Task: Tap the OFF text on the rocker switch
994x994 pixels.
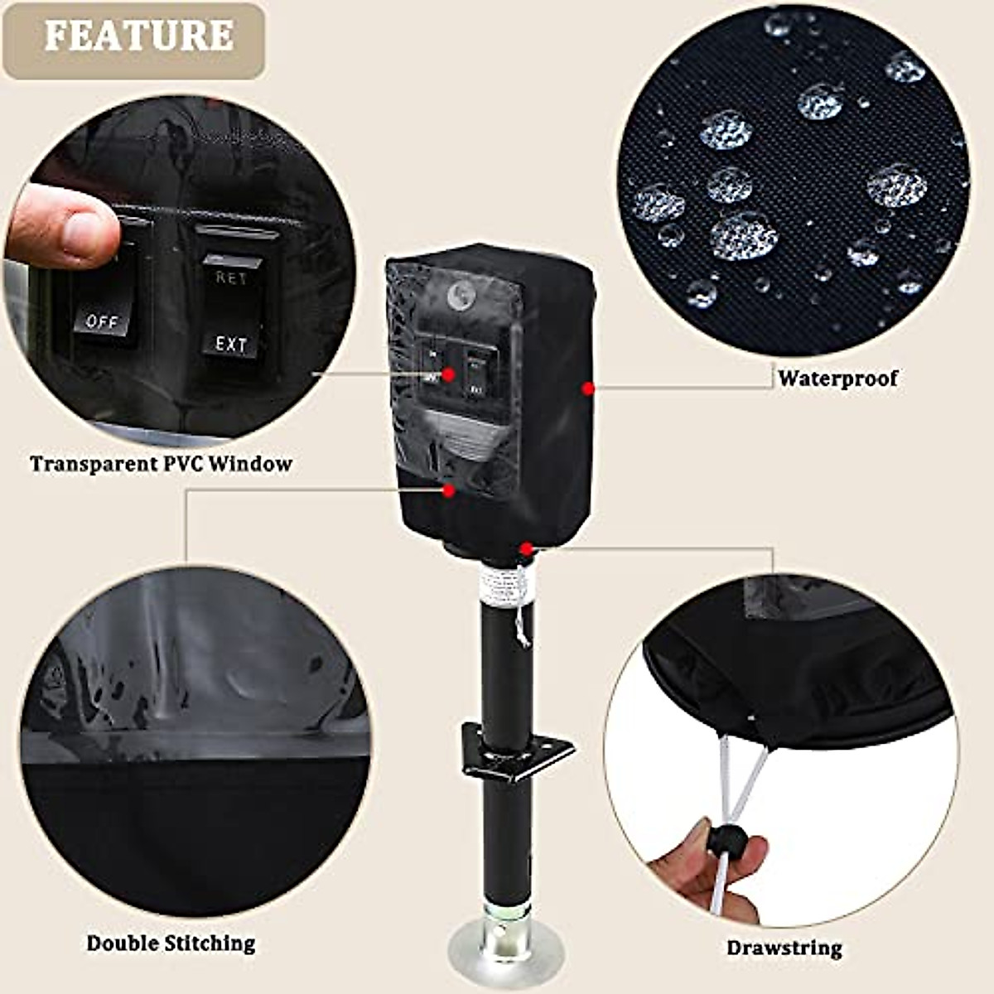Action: click(103, 321)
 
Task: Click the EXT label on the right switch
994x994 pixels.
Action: click(231, 344)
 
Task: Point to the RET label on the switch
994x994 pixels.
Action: click(231, 278)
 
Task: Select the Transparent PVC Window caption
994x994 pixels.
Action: click(162, 463)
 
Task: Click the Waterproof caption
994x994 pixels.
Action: click(837, 379)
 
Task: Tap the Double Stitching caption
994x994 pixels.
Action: click(171, 943)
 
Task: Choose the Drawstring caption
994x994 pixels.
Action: click(784, 948)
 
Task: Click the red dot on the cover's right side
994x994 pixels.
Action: click(587, 387)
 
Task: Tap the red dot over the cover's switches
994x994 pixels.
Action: click(449, 374)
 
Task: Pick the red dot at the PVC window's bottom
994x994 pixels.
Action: click(449, 490)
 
